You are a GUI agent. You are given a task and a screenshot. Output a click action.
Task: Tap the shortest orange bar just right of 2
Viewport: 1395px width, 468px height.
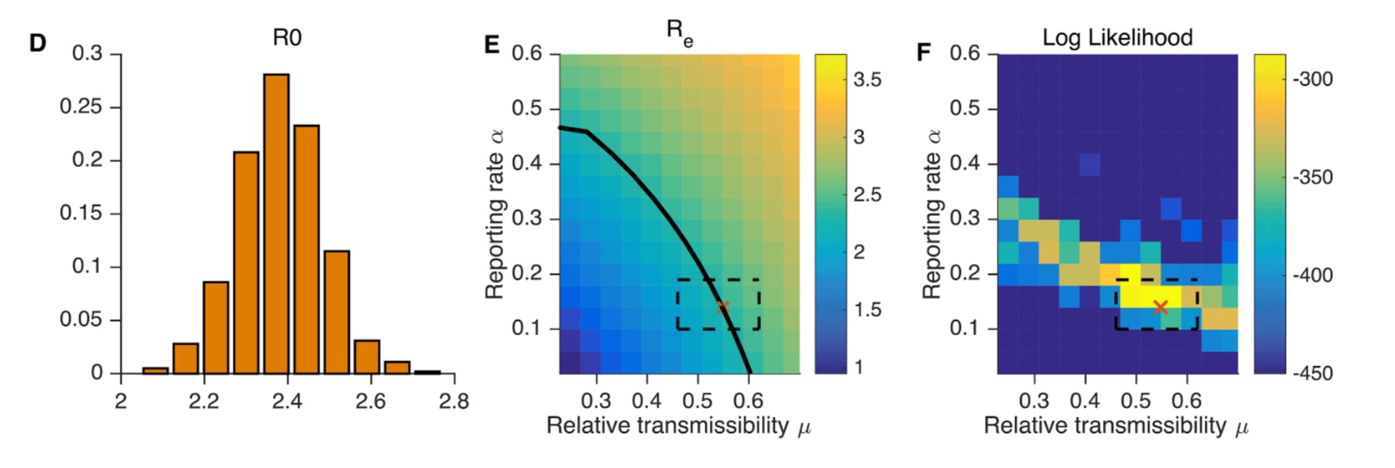(x=155, y=370)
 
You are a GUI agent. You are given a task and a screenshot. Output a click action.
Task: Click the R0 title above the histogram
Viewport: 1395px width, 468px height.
(x=287, y=38)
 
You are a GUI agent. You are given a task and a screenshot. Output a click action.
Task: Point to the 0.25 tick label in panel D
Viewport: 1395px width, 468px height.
(x=80, y=107)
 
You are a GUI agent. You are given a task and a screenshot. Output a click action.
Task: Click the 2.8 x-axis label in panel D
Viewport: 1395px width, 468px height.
(x=453, y=402)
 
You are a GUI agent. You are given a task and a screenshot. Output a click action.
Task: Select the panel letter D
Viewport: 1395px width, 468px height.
(x=38, y=43)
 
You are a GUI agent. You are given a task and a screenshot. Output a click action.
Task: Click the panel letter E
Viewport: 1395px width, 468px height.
(x=492, y=45)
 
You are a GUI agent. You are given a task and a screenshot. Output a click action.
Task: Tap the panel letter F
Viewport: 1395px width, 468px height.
(x=923, y=52)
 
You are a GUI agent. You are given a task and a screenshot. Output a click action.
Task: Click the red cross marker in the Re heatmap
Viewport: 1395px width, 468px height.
(x=723, y=307)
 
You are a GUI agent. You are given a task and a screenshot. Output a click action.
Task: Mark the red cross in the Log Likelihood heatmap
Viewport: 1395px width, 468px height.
(x=1160, y=308)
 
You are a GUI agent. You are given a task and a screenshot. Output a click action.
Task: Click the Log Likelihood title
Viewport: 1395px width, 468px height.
(x=1117, y=38)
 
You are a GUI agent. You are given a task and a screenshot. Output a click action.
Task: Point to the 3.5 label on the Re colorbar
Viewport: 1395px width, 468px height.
(x=867, y=79)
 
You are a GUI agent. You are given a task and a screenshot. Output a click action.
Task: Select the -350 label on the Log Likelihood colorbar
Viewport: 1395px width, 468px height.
(x=1312, y=177)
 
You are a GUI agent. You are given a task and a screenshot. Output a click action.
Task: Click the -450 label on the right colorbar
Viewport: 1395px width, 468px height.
(x=1312, y=373)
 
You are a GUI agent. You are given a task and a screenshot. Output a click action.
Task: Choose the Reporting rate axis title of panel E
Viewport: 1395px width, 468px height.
(x=494, y=214)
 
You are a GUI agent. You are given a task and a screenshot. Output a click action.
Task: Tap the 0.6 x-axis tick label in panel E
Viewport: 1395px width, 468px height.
(x=748, y=401)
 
